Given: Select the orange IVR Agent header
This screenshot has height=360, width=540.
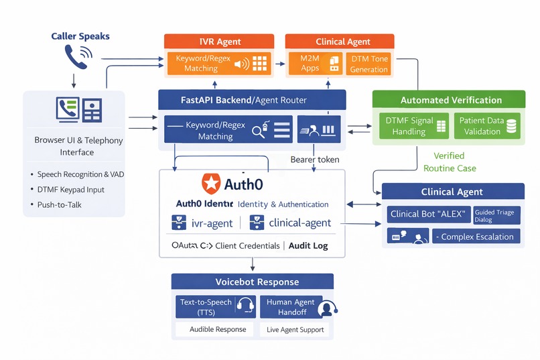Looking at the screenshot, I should pos(219,42).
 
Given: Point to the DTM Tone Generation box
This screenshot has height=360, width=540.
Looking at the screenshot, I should pos(368,64).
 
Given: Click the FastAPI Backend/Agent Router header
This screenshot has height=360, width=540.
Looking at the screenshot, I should pos(252,100).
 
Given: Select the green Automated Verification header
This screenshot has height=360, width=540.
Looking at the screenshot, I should pos(450,100).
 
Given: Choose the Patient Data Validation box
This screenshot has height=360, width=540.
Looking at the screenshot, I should pos(487,126).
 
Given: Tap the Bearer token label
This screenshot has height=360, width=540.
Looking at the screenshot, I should pos(315,160).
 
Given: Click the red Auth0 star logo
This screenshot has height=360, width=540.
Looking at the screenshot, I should pos(211,182).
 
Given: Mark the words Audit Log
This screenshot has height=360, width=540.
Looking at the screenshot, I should pos(308,245).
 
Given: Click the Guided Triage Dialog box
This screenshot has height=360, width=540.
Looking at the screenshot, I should pos(495,215).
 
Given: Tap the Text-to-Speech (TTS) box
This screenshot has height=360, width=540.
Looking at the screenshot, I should pos(214,306).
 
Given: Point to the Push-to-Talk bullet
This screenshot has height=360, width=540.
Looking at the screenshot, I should pos(60,204).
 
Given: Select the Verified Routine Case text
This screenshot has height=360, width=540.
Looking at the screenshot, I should pos(450,162).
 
